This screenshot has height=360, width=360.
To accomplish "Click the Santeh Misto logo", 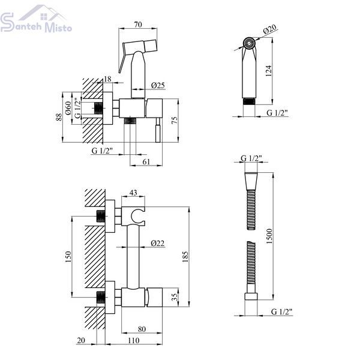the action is (x=36, y=19).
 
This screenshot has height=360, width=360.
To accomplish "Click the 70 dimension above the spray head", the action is (x=138, y=25).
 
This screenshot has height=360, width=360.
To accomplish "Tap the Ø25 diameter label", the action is (x=158, y=85).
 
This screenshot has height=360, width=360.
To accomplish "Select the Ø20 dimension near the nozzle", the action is (x=269, y=29).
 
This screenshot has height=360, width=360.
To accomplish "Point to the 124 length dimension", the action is (x=268, y=71).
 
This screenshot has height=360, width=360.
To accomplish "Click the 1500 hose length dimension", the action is (x=269, y=236).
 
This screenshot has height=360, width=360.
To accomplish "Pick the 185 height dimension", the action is (x=185, y=257).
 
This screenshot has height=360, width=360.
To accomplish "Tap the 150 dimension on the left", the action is (x=68, y=257).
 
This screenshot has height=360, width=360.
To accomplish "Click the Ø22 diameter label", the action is (x=158, y=243).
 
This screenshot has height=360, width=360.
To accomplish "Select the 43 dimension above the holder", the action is (x=133, y=193).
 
